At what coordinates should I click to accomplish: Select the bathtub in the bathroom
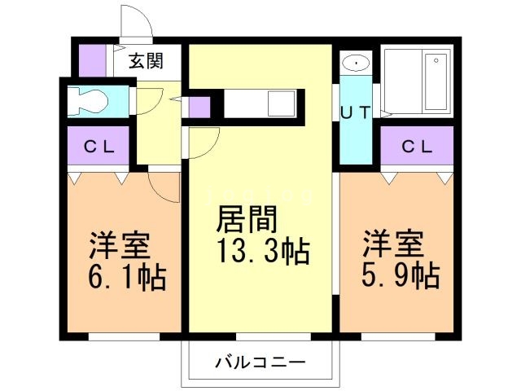pyautogui.click(x=436, y=81)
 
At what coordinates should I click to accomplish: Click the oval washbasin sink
pyautogui.click(x=356, y=63)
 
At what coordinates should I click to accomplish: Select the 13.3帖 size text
pyautogui.click(x=262, y=253)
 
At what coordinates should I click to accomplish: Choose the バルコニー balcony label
pyautogui.click(x=260, y=361)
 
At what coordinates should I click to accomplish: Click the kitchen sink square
pyautogui.click(x=282, y=105)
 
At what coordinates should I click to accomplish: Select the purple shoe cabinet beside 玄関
pyautogui.click(x=92, y=61)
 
